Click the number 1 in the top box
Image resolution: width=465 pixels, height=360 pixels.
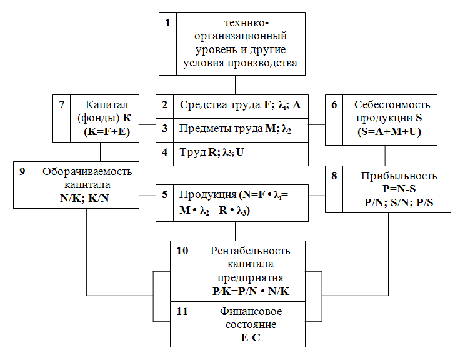click(x=168, y=24)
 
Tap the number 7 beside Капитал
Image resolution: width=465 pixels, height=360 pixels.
click(x=62, y=104)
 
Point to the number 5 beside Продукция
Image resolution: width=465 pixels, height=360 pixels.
click(x=166, y=194)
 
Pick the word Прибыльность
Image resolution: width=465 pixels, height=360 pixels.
click(x=399, y=176)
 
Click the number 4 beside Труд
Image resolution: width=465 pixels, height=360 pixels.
click(x=166, y=152)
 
